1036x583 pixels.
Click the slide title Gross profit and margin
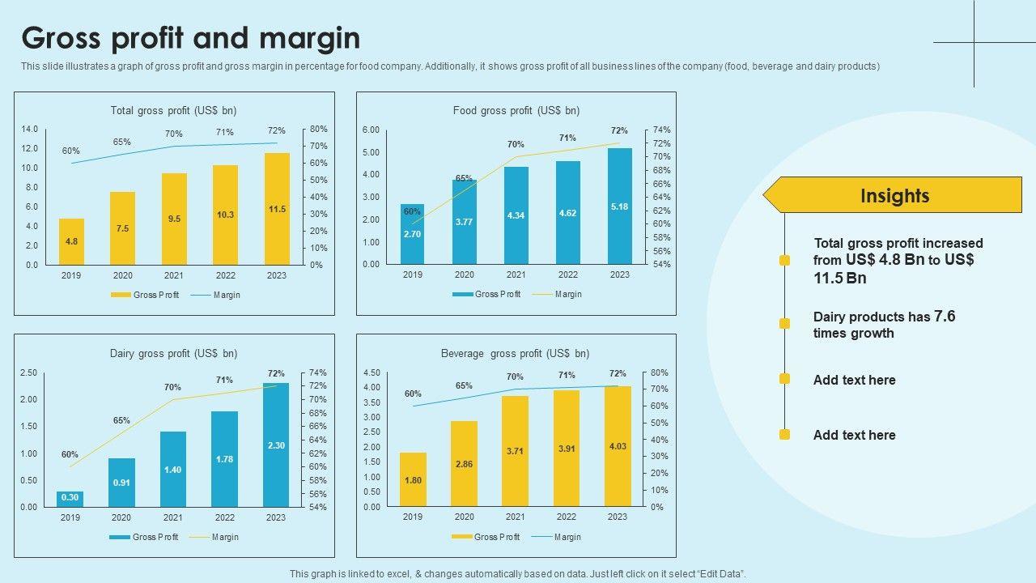click(191, 39)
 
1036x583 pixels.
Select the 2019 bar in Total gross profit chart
click(71, 241)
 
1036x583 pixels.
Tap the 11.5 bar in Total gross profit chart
click(277, 209)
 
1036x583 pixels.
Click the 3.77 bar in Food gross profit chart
click(465, 222)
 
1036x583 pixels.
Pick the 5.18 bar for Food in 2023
click(619, 206)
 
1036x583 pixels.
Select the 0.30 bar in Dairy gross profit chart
click(70, 499)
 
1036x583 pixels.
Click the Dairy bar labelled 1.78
click(225, 459)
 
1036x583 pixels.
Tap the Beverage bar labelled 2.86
click(464, 464)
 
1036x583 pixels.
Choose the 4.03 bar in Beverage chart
click(618, 446)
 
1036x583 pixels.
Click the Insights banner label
click(894, 196)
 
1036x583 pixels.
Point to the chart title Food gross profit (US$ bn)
click(516, 111)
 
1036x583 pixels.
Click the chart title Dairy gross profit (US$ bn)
click(173, 354)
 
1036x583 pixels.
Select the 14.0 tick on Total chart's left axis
click(30, 130)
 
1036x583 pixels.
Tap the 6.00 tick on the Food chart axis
click(371, 130)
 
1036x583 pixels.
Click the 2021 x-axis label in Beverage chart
click(515, 517)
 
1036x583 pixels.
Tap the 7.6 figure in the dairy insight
click(945, 316)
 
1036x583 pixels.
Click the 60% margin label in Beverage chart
click(413, 394)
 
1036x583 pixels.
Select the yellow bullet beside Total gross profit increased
click(784, 261)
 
